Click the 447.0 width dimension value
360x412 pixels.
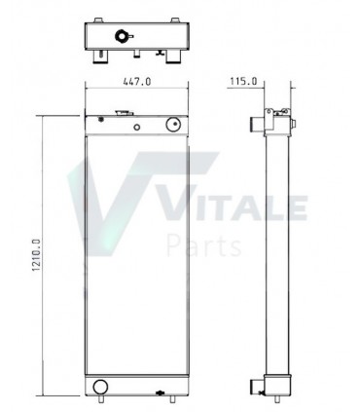pyautogui.click(x=136, y=83)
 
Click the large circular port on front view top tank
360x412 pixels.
pyautogui.click(x=174, y=126)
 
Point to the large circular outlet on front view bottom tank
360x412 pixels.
pyautogui.click(x=100, y=387)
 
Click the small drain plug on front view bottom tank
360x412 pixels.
pyautogui.click(x=160, y=393)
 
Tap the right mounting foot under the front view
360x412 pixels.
pyautogui.click(x=173, y=399)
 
